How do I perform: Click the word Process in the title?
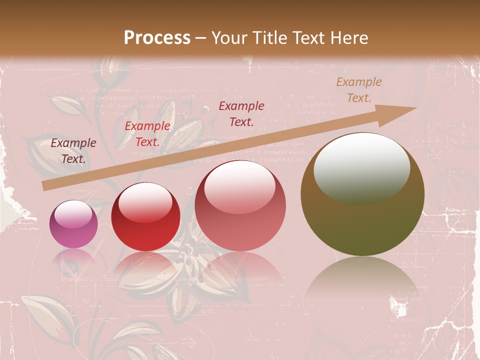pyautogui.click(x=157, y=38)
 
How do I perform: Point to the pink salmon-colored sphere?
pyautogui.click(x=240, y=205)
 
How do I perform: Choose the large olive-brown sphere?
pyautogui.click(x=362, y=194)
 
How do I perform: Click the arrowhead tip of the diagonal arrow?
pyautogui.click(x=415, y=108)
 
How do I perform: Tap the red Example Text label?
pyautogui.click(x=147, y=134)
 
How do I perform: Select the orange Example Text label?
pyautogui.click(x=358, y=90)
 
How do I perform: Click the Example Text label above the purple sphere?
pyautogui.click(x=73, y=150)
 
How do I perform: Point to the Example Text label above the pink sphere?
pyautogui.click(x=241, y=113)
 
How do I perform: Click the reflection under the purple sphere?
pyautogui.click(x=74, y=258)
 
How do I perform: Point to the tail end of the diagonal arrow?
pyautogui.click(x=45, y=186)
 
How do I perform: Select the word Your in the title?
pyautogui.click(x=229, y=38)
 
